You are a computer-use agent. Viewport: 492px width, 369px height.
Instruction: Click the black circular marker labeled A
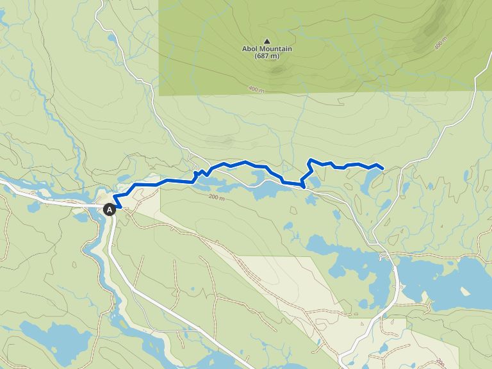tap(110, 209)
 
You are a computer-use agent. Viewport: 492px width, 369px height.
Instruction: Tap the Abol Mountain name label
tap(266, 49)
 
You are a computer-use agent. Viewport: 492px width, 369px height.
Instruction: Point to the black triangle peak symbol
tap(267, 41)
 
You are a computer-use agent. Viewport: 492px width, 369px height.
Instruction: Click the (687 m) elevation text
tap(266, 56)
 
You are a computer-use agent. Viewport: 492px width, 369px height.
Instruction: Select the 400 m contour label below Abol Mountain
tap(254, 90)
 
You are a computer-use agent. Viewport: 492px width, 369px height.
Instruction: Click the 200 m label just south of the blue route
tap(217, 197)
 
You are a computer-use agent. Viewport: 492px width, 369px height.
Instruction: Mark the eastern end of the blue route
tap(382, 168)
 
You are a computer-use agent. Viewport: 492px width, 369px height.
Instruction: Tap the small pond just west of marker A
tap(83, 217)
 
